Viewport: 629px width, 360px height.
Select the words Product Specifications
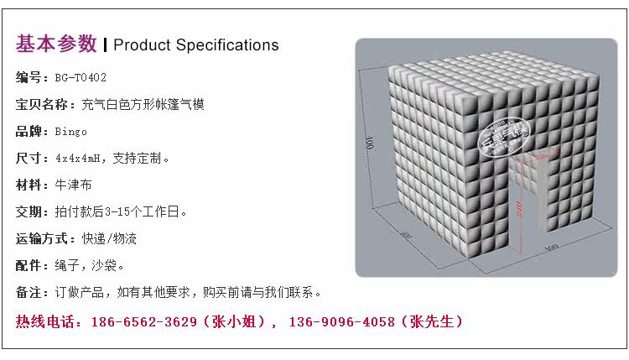pos(195,44)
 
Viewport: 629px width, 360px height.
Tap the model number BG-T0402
pos(81,78)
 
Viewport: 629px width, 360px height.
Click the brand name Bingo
pos(70,132)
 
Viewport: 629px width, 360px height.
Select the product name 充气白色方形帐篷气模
pos(143,105)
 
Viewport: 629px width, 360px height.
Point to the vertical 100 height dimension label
pos(369,143)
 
